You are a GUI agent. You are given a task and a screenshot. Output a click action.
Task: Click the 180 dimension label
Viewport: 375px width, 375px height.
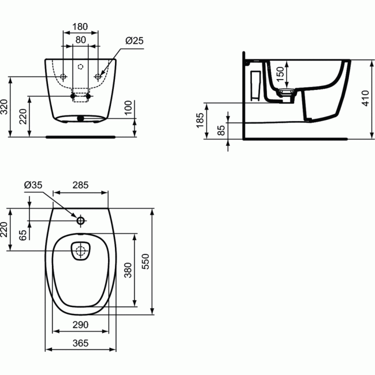click(x=80, y=26)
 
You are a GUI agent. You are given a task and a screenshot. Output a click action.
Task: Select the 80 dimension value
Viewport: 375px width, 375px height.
click(x=80, y=39)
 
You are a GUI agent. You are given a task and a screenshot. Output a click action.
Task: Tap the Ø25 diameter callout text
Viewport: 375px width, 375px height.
click(x=134, y=40)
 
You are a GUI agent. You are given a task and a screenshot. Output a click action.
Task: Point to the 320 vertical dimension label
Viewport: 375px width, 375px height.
click(x=4, y=106)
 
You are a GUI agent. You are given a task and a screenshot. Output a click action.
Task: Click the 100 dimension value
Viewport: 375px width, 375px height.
click(x=128, y=107)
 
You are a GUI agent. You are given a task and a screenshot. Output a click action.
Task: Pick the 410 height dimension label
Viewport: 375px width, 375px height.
click(x=365, y=98)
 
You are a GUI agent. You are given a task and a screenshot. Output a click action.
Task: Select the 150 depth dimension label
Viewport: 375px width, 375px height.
click(x=280, y=74)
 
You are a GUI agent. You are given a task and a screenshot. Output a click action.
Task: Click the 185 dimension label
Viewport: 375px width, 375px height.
click(x=200, y=120)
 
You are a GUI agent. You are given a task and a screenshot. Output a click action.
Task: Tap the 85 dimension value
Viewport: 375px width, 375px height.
click(x=221, y=130)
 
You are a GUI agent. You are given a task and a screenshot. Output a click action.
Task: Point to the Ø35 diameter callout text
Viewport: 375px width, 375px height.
click(x=33, y=185)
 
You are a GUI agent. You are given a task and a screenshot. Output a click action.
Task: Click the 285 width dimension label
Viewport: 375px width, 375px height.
click(x=80, y=185)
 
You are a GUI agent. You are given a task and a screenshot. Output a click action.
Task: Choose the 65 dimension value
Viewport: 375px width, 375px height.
click(x=23, y=235)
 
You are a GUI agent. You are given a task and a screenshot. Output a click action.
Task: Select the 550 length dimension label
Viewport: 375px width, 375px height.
click(x=145, y=261)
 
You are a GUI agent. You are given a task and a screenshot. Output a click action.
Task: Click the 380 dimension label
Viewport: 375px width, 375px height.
click(x=128, y=270)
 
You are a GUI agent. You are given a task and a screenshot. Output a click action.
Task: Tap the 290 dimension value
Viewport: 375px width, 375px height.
click(x=80, y=325)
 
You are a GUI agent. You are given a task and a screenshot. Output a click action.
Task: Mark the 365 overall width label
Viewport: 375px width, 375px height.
click(x=80, y=343)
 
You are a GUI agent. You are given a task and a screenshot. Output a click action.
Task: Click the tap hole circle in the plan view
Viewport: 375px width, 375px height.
click(x=80, y=220)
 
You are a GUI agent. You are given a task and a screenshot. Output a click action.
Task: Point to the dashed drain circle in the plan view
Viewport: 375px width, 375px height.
click(x=80, y=251)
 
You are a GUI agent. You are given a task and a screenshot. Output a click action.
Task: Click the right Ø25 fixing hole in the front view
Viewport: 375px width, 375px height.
click(x=98, y=76)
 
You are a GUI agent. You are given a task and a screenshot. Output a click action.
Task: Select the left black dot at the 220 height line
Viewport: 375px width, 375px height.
click(x=72, y=96)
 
